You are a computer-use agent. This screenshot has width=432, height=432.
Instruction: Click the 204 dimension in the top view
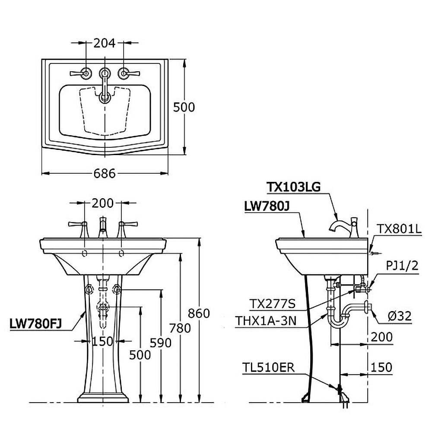click(x=105, y=43)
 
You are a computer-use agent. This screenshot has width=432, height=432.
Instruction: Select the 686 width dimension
click(x=105, y=173)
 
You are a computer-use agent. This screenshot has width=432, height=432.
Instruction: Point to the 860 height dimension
click(x=199, y=313)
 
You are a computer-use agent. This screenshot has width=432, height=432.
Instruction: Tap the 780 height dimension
click(x=180, y=328)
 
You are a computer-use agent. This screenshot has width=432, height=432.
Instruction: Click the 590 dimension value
click(x=161, y=343)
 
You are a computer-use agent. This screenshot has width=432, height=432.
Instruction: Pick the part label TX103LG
click(x=294, y=187)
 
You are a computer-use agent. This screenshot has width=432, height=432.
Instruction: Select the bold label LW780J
click(x=267, y=206)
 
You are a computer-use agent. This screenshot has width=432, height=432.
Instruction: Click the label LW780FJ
click(x=35, y=324)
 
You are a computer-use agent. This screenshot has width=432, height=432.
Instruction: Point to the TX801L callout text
click(x=399, y=229)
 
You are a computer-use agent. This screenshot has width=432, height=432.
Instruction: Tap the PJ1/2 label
click(x=402, y=266)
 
